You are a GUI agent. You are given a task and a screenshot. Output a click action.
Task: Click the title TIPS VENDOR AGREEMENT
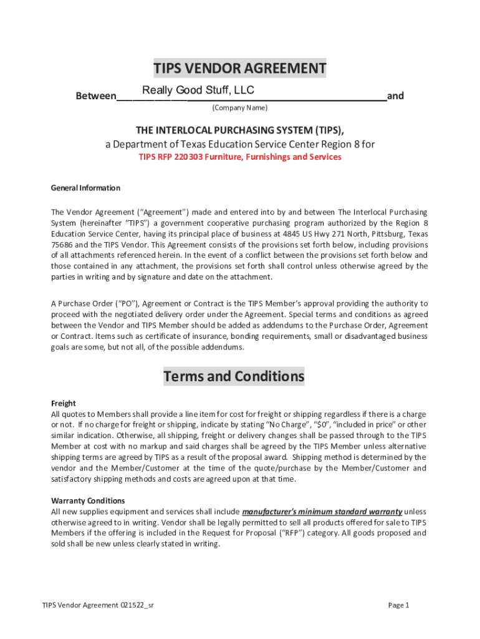[x=240, y=68]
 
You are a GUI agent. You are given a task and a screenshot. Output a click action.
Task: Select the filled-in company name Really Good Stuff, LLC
[x=198, y=90]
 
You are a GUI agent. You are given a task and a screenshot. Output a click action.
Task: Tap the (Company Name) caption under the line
[x=240, y=108]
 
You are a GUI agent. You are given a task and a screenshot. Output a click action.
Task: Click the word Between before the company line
[x=95, y=96]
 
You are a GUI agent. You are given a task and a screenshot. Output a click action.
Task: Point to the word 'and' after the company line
[x=395, y=96]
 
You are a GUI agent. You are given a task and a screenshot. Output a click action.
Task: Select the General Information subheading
[x=85, y=188]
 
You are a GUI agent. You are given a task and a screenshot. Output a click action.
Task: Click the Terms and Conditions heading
[x=234, y=376]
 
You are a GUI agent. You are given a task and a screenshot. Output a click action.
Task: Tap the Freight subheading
[x=63, y=403]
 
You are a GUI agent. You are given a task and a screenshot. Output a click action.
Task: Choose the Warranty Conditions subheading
[x=88, y=500]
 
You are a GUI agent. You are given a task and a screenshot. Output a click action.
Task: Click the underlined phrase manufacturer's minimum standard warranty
[x=322, y=512]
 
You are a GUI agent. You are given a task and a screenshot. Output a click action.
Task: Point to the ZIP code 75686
[x=62, y=245]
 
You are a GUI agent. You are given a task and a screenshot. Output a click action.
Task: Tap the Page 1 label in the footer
[x=398, y=605]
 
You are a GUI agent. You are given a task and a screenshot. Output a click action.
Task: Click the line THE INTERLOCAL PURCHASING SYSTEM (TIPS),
[x=240, y=130]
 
